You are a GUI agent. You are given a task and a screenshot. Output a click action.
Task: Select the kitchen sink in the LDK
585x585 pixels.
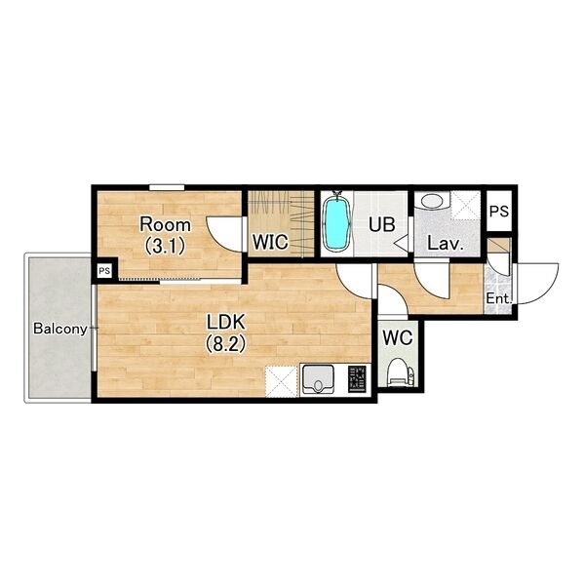318,378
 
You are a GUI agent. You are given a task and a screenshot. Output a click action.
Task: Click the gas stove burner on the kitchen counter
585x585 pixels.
357,378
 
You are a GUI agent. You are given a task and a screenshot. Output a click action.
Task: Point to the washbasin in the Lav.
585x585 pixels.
432,202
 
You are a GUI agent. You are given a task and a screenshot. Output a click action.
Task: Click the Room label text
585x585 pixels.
165,224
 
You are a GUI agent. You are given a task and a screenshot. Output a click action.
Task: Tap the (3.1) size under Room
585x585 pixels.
165,246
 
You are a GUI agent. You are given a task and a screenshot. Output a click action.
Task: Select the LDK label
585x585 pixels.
226,323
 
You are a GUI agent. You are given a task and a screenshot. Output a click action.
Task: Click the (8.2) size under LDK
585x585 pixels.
226,344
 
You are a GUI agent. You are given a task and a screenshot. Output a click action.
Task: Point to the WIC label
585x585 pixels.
270,242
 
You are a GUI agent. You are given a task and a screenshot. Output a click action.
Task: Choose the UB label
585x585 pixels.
381,224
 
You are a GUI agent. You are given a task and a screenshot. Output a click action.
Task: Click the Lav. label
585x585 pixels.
446,244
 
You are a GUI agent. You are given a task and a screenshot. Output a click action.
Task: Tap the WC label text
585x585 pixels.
398,338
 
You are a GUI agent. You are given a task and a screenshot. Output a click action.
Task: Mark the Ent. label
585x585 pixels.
498,299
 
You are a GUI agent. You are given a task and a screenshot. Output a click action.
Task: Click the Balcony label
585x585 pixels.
60,329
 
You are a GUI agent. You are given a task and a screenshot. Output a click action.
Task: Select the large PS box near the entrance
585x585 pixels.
499,212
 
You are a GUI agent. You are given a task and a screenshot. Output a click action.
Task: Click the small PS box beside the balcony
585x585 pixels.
105,271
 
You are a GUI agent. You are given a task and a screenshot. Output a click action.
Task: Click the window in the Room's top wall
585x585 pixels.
167,187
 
